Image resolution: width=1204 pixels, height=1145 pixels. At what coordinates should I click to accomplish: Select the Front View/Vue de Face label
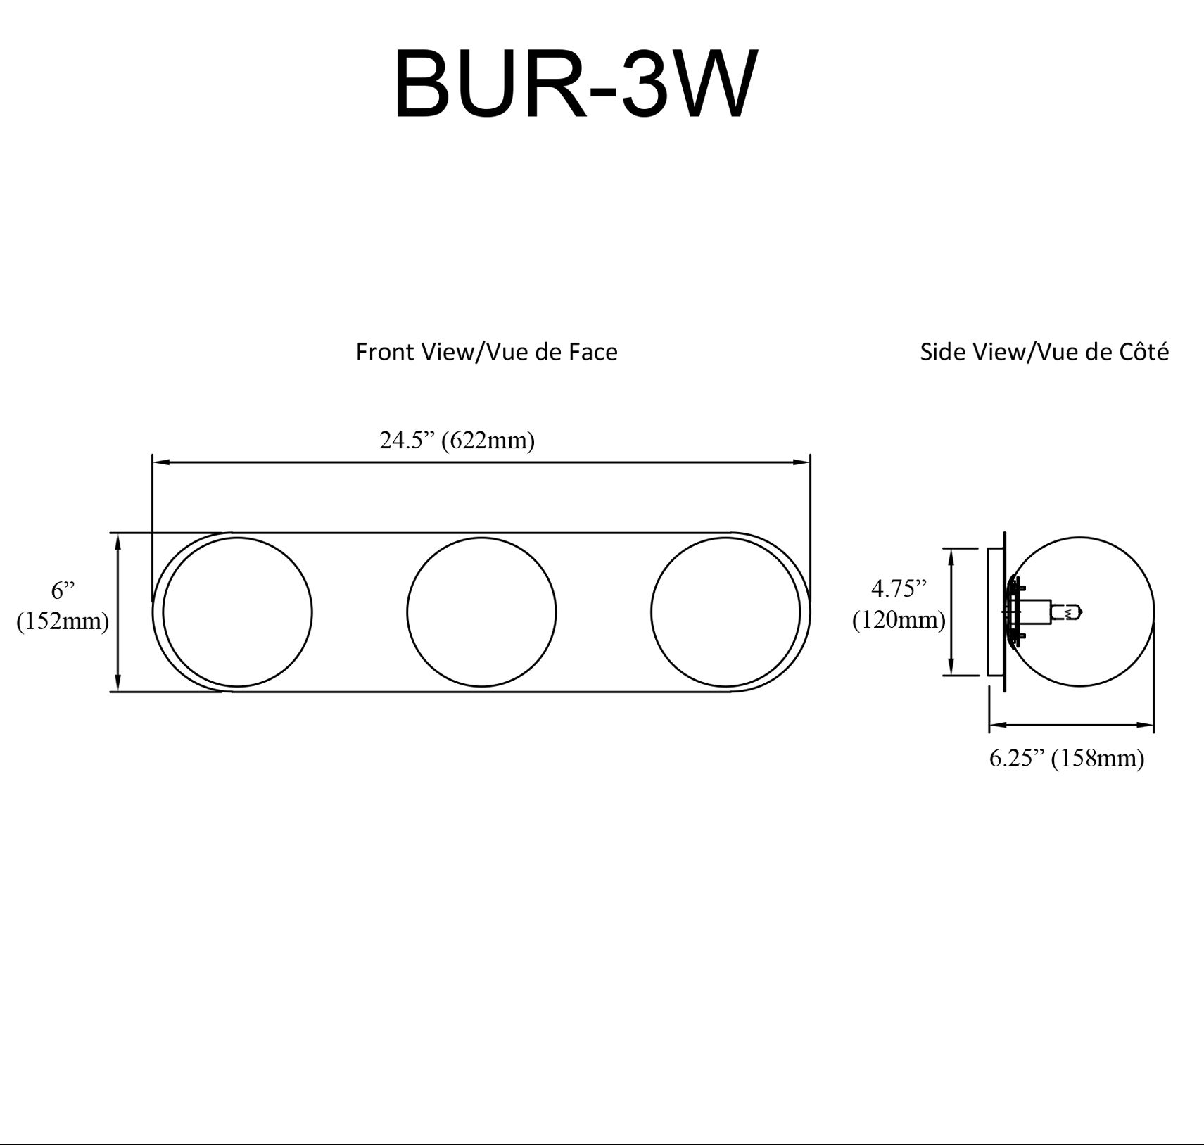486,352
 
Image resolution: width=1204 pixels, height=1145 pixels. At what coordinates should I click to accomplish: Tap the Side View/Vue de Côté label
1044,352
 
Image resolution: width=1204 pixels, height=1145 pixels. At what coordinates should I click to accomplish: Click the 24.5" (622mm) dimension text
457,441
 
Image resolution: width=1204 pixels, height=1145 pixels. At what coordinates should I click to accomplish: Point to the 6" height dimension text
63,590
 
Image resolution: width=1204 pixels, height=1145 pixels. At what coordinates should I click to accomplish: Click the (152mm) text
63,621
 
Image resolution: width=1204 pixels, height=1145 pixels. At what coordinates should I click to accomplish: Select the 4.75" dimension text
899,588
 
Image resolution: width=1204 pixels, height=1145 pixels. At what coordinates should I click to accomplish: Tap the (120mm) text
899,619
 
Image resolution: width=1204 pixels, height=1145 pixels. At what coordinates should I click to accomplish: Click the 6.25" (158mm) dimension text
1067,758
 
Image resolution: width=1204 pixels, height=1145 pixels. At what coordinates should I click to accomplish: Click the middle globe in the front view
481,612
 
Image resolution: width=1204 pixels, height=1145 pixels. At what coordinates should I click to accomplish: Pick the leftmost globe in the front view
238,612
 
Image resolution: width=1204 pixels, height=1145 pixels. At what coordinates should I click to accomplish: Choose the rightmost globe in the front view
725,612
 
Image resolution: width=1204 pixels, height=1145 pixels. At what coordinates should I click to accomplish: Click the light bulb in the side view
1067,613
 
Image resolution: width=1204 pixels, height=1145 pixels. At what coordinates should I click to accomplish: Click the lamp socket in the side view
1034,612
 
